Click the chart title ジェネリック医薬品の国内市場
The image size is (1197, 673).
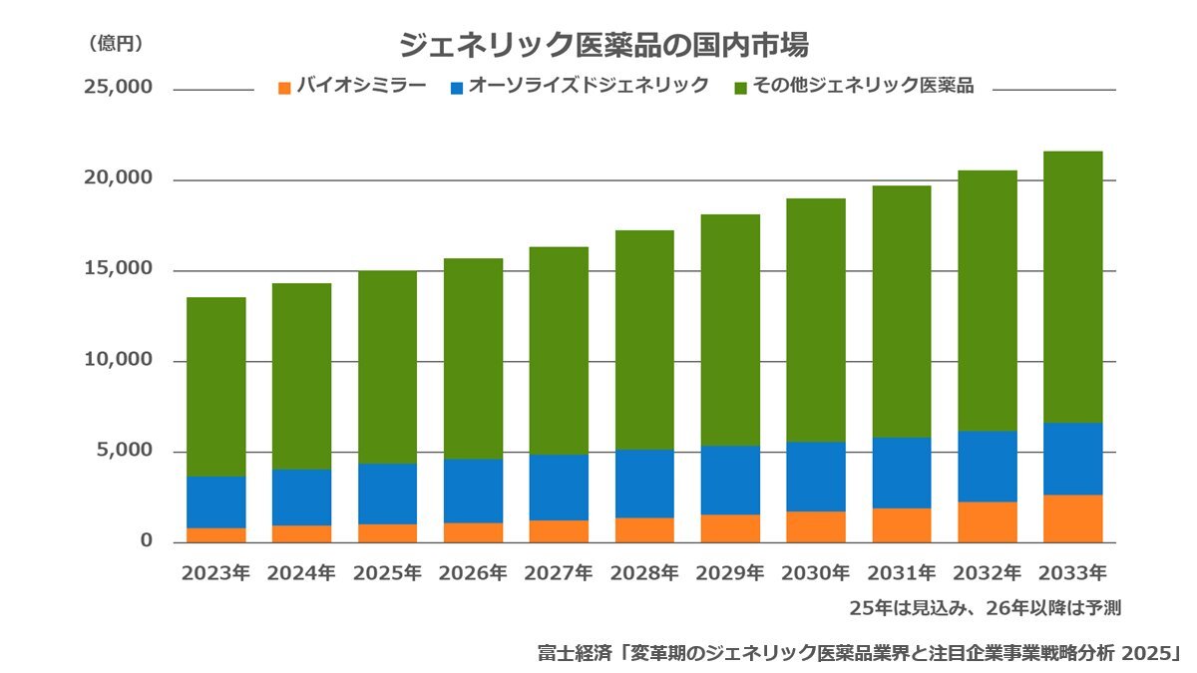[x=602, y=45]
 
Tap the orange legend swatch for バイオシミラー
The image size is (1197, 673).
[x=284, y=88]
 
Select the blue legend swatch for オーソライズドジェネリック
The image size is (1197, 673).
[x=457, y=88]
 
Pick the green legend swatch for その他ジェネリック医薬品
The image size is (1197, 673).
[x=739, y=88]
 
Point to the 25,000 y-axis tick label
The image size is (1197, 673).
[x=119, y=88]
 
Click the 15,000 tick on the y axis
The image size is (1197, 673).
[x=119, y=269]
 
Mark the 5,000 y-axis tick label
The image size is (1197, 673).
[x=124, y=451]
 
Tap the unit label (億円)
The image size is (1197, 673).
[x=116, y=43]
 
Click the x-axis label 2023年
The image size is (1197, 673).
[x=215, y=573]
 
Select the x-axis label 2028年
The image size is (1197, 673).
[x=644, y=573]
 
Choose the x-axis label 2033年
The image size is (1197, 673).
[x=1072, y=573]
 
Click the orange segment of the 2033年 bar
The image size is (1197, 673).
[x=1072, y=518]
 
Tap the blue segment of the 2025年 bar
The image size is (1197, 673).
[x=387, y=494]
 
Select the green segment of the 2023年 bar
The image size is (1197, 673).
[x=215, y=387]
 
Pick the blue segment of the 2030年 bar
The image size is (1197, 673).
[x=816, y=477]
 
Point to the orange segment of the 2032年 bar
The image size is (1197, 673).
[x=988, y=522]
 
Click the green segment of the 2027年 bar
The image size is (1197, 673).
[x=559, y=351]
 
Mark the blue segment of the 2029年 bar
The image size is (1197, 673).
[x=730, y=481]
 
